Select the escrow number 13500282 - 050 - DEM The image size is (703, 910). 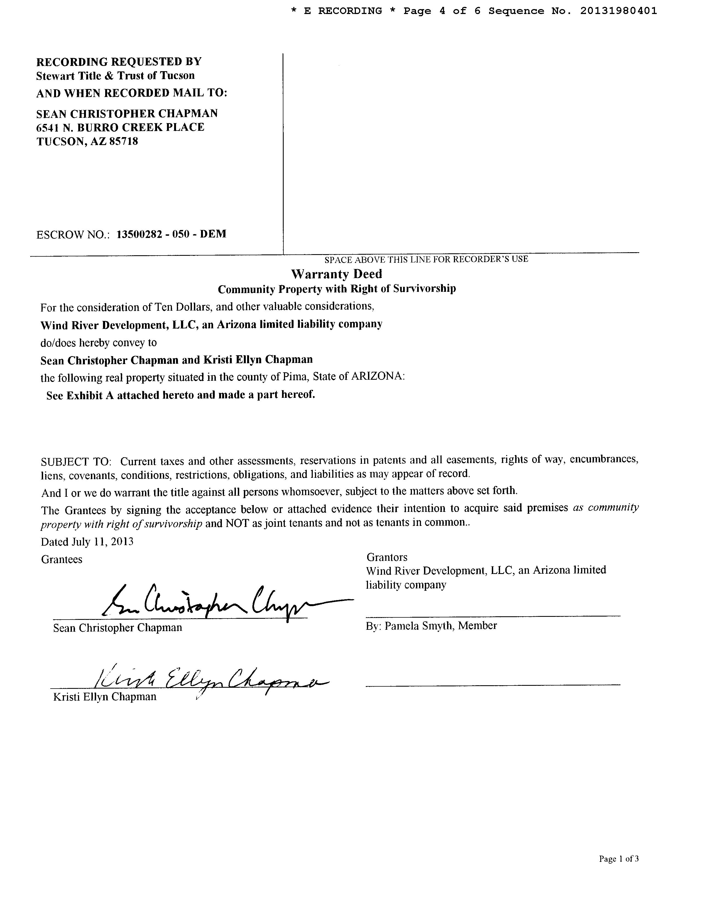point(171,234)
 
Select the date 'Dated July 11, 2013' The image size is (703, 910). point(87,542)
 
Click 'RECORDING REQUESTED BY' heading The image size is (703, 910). point(119,62)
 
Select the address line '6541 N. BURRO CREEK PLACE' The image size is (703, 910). point(120,127)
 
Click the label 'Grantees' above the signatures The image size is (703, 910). point(62,559)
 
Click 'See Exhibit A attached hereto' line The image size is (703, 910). point(180,395)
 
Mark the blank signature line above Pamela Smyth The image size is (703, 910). point(493,615)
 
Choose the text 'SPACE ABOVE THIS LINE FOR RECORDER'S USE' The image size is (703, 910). point(426,259)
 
